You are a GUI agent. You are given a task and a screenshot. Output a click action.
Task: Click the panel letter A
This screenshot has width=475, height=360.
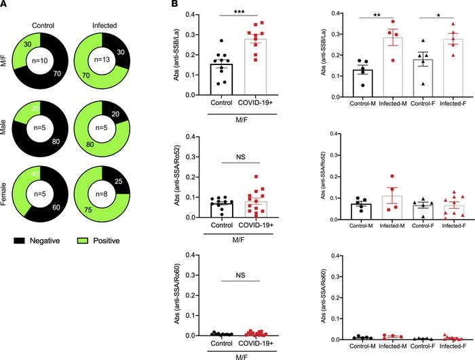tap(5, 5)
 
